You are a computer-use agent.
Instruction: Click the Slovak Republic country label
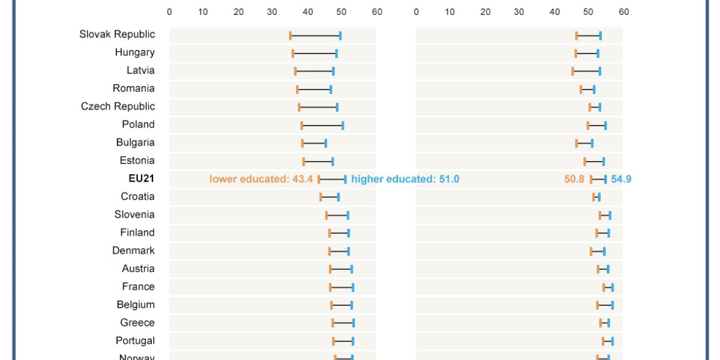[x=117, y=34]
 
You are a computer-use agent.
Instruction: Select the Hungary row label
[x=134, y=52]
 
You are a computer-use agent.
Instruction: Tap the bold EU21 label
[x=141, y=178]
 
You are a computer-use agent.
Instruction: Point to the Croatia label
[x=137, y=196]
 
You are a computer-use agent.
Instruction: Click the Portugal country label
[x=135, y=341]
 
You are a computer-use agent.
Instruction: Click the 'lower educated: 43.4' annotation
[x=261, y=179]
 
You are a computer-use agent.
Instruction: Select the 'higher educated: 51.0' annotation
[x=405, y=179]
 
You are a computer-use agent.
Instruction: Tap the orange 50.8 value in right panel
[x=575, y=179]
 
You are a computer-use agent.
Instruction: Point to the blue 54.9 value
[x=621, y=179]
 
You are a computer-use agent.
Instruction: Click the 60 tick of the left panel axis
[x=377, y=12]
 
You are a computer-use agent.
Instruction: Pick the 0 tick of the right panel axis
[x=416, y=12]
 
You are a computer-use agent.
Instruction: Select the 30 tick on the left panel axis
[x=272, y=12]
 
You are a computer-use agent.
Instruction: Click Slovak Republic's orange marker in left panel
[x=290, y=35]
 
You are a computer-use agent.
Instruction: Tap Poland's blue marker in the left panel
[x=343, y=126]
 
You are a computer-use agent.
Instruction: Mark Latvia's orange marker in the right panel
[x=573, y=72]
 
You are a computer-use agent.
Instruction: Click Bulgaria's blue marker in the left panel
[x=325, y=144]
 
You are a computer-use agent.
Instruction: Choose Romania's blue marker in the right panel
[x=594, y=90]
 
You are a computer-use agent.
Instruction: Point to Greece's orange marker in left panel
[x=333, y=323]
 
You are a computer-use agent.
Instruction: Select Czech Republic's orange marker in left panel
[x=299, y=108]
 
